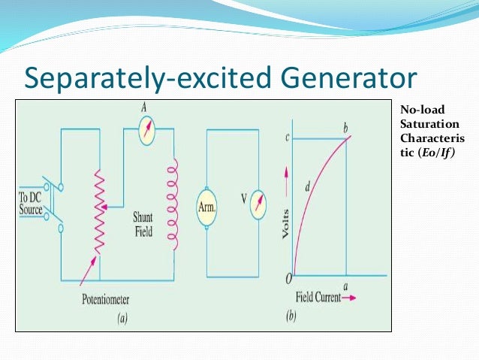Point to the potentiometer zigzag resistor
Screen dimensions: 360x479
[98, 213]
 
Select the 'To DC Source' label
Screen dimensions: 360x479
[31, 204]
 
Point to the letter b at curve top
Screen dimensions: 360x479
[345, 129]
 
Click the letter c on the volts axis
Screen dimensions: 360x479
[286, 138]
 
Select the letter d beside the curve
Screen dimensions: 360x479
[307, 186]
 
